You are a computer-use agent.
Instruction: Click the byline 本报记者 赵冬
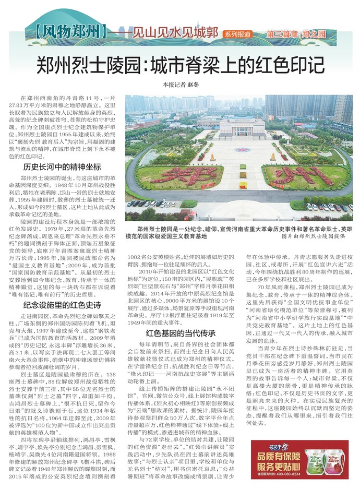(x=181, y=85)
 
